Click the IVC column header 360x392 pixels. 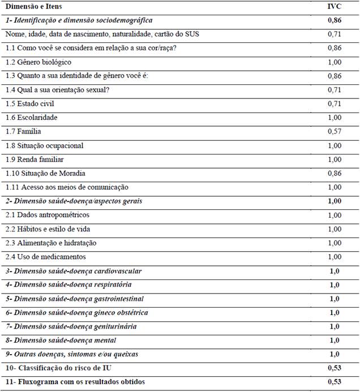[x=334, y=7]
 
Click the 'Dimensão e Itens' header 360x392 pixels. [x=33, y=7]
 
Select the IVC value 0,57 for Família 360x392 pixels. [x=334, y=132]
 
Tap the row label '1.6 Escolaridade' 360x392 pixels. [x=33, y=118]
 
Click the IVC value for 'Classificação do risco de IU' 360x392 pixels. [x=334, y=368]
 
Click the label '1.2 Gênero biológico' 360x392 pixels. [x=38, y=62]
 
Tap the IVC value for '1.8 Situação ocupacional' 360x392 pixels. [x=334, y=146]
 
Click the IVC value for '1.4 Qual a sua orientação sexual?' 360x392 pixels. [x=334, y=90]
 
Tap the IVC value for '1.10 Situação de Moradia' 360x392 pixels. [x=334, y=174]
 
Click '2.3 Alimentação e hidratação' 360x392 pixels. [x=51, y=243]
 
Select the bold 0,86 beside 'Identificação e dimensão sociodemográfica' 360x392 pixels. [x=334, y=20]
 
